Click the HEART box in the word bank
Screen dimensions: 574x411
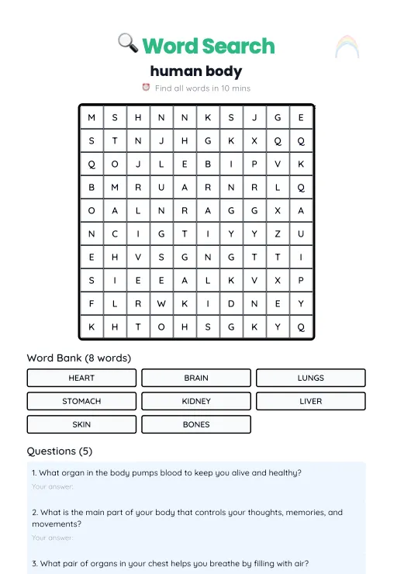pyautogui.click(x=81, y=378)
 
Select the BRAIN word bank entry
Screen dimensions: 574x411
pyautogui.click(x=196, y=378)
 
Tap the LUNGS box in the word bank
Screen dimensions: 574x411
pyautogui.click(x=310, y=378)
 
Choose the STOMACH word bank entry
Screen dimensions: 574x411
pyautogui.click(x=81, y=401)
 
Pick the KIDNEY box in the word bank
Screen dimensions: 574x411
pyautogui.click(x=196, y=401)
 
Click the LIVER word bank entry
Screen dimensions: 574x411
pyautogui.click(x=310, y=401)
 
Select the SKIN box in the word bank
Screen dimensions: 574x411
pyautogui.click(x=81, y=424)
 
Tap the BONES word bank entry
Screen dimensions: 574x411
pyautogui.click(x=196, y=424)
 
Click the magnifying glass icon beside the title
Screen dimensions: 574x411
pyautogui.click(x=128, y=44)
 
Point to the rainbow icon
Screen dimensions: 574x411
pyautogui.click(x=347, y=48)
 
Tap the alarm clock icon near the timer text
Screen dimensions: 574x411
pyautogui.click(x=146, y=88)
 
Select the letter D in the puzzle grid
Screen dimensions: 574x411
pyautogui.click(x=231, y=303)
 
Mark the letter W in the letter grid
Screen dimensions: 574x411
pyautogui.click(x=161, y=303)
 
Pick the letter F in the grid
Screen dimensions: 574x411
pyautogui.click(x=92, y=303)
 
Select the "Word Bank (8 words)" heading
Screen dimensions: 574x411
pyautogui.click(x=78, y=358)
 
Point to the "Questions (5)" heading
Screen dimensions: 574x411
pyautogui.click(x=59, y=451)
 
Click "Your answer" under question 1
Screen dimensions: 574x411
pyautogui.click(x=52, y=486)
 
